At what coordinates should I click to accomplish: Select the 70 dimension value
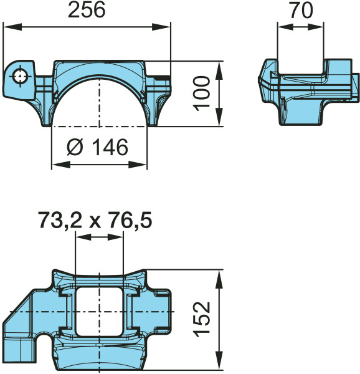click(301, 11)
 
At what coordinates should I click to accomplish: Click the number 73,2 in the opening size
click(59, 221)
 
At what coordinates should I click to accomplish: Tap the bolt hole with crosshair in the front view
click(22, 76)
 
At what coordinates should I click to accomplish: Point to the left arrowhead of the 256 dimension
click(9, 26)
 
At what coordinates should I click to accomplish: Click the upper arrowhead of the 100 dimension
click(219, 67)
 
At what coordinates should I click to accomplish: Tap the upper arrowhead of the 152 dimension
click(219, 276)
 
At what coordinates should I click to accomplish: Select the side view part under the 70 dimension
click(308, 90)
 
